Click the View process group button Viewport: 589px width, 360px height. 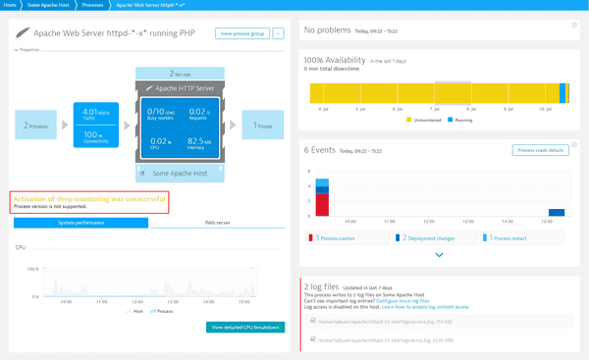pyautogui.click(x=241, y=33)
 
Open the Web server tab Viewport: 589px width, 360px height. pyautogui.click(x=217, y=223)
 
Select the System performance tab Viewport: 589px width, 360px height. pyautogui.click(x=80, y=223)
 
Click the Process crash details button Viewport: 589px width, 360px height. pyautogui.click(x=540, y=150)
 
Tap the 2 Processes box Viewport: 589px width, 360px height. pyautogui.click(x=35, y=126)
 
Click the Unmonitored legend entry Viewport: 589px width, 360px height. pyautogui.click(x=427, y=119)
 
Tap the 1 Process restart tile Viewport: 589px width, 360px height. pyautogui.click(x=521, y=237)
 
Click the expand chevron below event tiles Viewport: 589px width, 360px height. pyautogui.click(x=438, y=254)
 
